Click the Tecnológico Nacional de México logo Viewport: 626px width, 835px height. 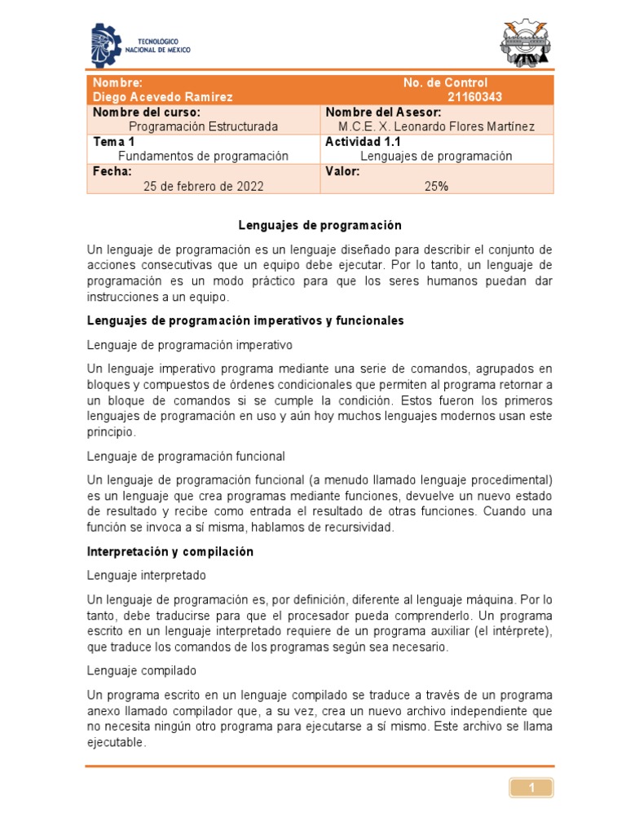[x=139, y=45]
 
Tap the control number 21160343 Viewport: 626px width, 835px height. [x=475, y=97]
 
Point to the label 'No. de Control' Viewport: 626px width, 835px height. [x=445, y=82]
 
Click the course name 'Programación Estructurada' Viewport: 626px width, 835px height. [x=203, y=126]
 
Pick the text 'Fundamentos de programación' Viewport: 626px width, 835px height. [x=204, y=156]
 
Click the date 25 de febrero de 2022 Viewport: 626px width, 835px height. [x=203, y=186]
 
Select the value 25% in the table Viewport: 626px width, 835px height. [x=436, y=186]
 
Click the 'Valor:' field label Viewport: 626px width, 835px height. [x=342, y=171]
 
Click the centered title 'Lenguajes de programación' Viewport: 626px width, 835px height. [x=320, y=224]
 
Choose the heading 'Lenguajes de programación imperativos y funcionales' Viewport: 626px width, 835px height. [x=245, y=320]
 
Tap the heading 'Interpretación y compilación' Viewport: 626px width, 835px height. [x=170, y=551]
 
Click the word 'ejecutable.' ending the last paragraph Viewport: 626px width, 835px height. [x=117, y=743]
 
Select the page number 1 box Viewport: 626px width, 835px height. [x=531, y=788]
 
